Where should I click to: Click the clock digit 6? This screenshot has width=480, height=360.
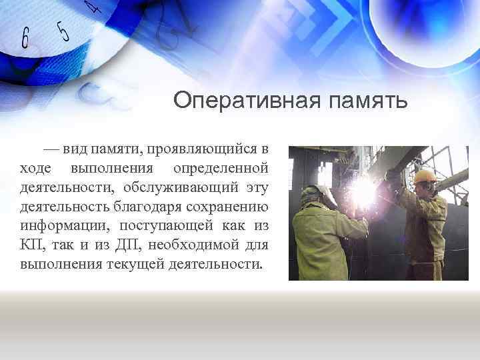coord(25,39)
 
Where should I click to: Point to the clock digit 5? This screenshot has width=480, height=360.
coord(63,31)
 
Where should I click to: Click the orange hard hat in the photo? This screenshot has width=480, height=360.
coord(424,176)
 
